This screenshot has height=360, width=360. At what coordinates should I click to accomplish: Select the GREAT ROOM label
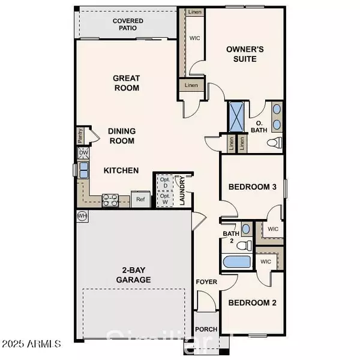127,83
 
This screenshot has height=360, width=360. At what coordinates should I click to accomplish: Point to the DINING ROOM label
121,136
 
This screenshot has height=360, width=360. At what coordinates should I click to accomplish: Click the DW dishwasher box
83,154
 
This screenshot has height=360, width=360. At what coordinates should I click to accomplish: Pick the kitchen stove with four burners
110,200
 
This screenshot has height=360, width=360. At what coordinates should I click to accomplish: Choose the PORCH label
206,329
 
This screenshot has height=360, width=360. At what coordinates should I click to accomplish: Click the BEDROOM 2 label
252,303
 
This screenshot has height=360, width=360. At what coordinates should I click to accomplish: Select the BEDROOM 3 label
252,187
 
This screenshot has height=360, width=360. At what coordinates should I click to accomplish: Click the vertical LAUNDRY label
183,191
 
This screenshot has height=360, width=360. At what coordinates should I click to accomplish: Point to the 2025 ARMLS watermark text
31,344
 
